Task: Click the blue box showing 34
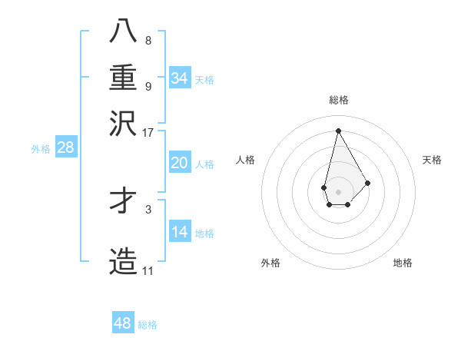[x=180, y=78]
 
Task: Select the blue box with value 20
[x=180, y=163]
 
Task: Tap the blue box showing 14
[x=180, y=232]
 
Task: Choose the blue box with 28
[x=65, y=148]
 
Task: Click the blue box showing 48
[x=123, y=323]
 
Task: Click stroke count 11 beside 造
[x=148, y=270]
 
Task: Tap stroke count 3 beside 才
[x=148, y=208]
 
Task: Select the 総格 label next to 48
[x=148, y=325]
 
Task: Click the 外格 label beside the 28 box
[x=41, y=149]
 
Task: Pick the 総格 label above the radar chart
[x=338, y=100]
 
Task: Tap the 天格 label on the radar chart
[x=432, y=160]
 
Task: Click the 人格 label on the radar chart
[x=246, y=160]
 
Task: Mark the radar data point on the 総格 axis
[x=338, y=130]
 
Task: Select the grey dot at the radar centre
[x=338, y=191]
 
